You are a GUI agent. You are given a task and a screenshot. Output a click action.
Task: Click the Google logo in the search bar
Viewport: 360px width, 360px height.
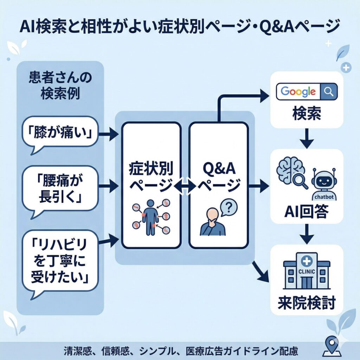coord(298,92)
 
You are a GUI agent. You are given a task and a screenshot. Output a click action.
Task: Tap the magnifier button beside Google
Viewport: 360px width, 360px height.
coord(328,92)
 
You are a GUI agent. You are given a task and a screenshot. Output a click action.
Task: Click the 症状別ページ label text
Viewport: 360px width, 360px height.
coord(151,176)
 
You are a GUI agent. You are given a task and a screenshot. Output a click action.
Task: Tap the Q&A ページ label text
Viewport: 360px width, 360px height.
coord(219,176)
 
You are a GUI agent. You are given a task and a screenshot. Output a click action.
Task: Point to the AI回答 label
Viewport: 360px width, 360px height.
coord(306,212)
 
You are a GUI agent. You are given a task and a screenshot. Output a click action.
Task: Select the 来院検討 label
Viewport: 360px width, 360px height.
coord(306,302)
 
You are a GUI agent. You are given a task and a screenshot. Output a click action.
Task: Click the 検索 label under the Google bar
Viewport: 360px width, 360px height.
coord(306,114)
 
